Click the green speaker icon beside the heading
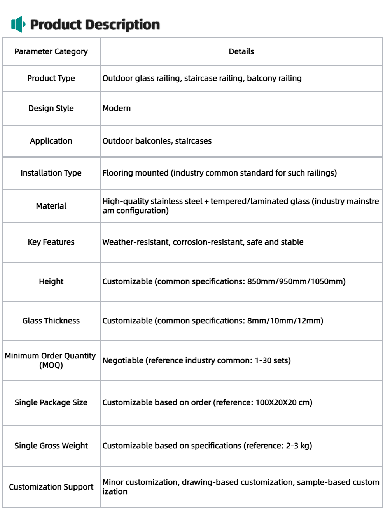[x=18, y=25]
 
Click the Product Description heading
[x=94, y=25]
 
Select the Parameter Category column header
[x=51, y=51]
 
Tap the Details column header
[x=241, y=51]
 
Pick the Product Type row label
[x=51, y=78]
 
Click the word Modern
[x=117, y=108]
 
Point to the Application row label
[x=51, y=141]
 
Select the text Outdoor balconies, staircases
[x=157, y=141]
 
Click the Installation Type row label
[x=51, y=173]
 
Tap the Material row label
[x=51, y=206]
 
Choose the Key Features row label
[x=51, y=242]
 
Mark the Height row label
[x=51, y=281]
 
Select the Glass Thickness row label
[x=51, y=321]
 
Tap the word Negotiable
[x=123, y=360]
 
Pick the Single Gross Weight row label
[x=51, y=446]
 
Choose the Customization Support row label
[x=51, y=487]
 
